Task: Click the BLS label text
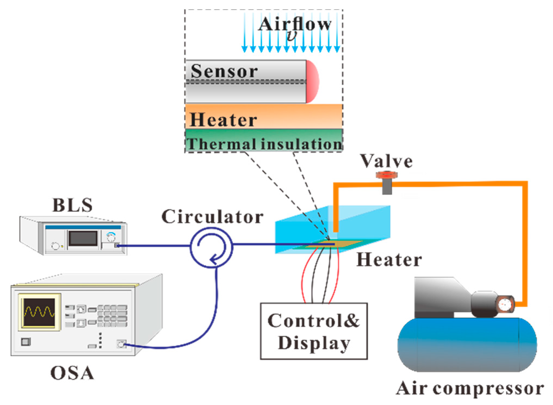[x=73, y=205]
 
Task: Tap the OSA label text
[x=72, y=373]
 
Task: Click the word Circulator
[x=212, y=217]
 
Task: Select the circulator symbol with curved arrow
[x=211, y=248]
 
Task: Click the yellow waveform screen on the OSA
[x=39, y=312]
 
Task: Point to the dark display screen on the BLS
[x=83, y=238]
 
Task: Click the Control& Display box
[x=314, y=331]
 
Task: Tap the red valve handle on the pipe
[x=387, y=175]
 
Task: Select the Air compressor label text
[x=470, y=388]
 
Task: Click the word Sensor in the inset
[x=224, y=71]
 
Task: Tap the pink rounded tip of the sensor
[x=313, y=82]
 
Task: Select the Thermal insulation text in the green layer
[x=264, y=144]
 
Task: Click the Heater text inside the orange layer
[x=223, y=120]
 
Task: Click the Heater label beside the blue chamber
[x=389, y=260]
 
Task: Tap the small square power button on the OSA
[x=26, y=342]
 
